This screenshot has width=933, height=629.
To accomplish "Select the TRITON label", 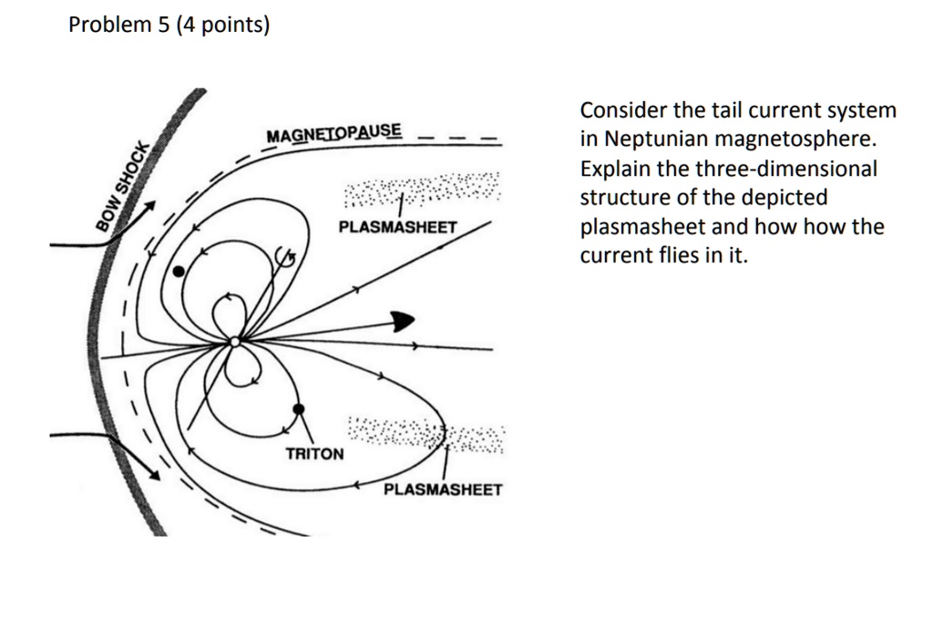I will point(315,453).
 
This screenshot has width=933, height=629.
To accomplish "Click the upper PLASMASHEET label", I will point(397,226).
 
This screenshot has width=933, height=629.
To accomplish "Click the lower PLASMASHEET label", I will point(443,490).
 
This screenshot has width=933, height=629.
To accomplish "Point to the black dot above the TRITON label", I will point(299,409).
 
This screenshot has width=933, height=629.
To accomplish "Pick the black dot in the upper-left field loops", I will point(179,271).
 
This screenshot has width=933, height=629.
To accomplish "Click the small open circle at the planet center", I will point(234,342).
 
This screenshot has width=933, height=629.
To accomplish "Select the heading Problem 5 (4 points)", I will point(169,26).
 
